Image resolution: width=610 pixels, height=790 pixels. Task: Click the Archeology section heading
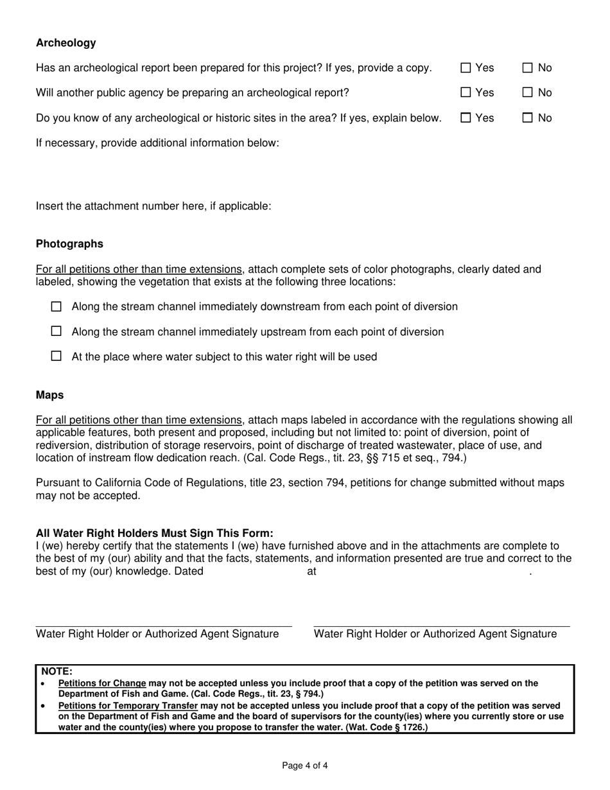[x=65, y=43]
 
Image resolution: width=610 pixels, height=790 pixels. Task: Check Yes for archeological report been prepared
[x=466, y=67]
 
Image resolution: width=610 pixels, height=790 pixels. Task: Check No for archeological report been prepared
[x=528, y=67]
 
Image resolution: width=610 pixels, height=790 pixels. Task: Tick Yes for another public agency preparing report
[x=466, y=92]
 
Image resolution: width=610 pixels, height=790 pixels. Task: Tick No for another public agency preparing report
[x=528, y=92]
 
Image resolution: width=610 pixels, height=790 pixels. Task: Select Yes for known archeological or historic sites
[x=466, y=118]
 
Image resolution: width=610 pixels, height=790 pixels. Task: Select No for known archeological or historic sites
[x=528, y=118]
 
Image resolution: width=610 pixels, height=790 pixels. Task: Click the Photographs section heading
[x=69, y=244]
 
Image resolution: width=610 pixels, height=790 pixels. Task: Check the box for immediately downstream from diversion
[x=56, y=306]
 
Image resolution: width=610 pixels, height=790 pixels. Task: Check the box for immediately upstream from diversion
[x=56, y=331]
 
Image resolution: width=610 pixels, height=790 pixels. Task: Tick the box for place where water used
[x=56, y=356]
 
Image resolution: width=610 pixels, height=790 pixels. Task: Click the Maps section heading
[x=49, y=395]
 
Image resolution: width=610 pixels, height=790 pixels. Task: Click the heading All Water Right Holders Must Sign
[x=154, y=533]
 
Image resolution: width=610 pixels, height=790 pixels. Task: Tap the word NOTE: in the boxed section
[x=57, y=672]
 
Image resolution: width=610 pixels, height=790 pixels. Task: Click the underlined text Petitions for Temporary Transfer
[x=128, y=705]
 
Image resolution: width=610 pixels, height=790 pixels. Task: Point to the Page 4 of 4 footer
[x=305, y=766]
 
